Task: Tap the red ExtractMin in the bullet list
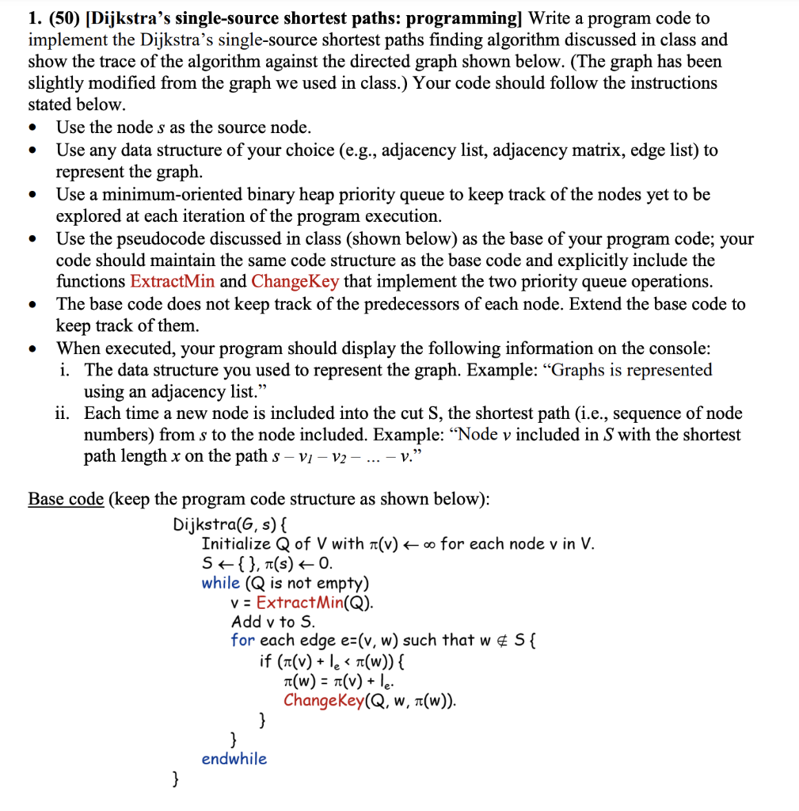click(x=172, y=282)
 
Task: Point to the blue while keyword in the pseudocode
click(x=220, y=583)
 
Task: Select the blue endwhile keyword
click(x=234, y=759)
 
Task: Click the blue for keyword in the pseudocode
click(x=242, y=641)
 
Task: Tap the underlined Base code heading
click(x=66, y=499)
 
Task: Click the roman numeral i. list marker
click(x=67, y=370)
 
